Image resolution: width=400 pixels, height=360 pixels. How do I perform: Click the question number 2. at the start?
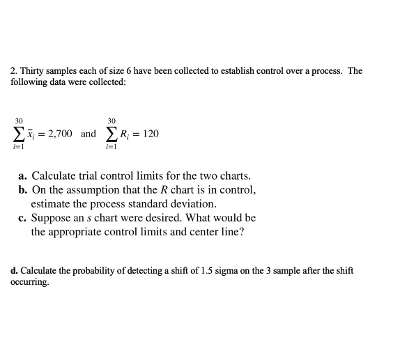coord(13,71)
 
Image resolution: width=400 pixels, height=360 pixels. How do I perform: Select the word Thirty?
coord(31,71)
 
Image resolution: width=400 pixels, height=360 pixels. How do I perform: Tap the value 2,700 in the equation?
coord(59,133)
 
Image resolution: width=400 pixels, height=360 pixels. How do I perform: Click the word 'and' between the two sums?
coord(89,133)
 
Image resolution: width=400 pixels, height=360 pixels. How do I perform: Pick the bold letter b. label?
coord(24,190)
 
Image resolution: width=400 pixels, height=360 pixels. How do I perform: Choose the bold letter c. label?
coord(23,218)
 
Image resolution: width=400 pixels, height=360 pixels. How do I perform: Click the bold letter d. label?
coord(15,270)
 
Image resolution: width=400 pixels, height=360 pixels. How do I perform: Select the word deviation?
coord(192,204)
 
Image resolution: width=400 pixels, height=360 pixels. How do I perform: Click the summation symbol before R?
coord(112,133)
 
